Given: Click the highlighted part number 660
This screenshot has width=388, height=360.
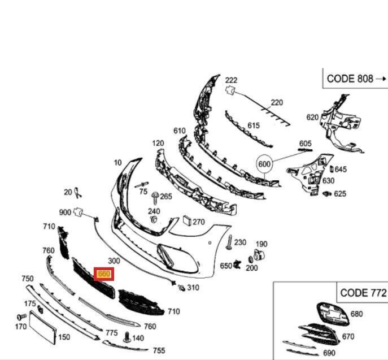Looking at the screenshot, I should tap(104, 274).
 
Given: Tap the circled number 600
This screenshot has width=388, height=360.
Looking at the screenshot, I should tap(264, 164).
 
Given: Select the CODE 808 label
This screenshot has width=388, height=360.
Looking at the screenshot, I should tap(350, 79).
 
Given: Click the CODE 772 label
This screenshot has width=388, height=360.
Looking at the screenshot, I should tap(363, 293).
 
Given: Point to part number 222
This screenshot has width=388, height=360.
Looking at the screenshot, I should tap(232, 80).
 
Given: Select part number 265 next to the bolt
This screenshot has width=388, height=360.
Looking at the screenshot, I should tap(165, 196).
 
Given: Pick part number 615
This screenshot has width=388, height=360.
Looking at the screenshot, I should tap(253, 125).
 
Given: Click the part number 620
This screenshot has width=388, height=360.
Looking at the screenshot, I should tap(312, 118).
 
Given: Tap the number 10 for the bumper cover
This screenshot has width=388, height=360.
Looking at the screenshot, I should tap(117, 163).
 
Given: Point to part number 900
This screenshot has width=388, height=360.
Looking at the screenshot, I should tap(65, 212).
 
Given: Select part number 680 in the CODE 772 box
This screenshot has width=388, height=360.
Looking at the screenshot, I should tap(356, 314).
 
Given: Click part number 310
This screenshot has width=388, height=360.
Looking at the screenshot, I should tap(193, 288).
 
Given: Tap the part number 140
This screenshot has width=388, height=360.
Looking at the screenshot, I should tap(138, 338).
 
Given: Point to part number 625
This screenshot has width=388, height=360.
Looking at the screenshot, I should tap(339, 194).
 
